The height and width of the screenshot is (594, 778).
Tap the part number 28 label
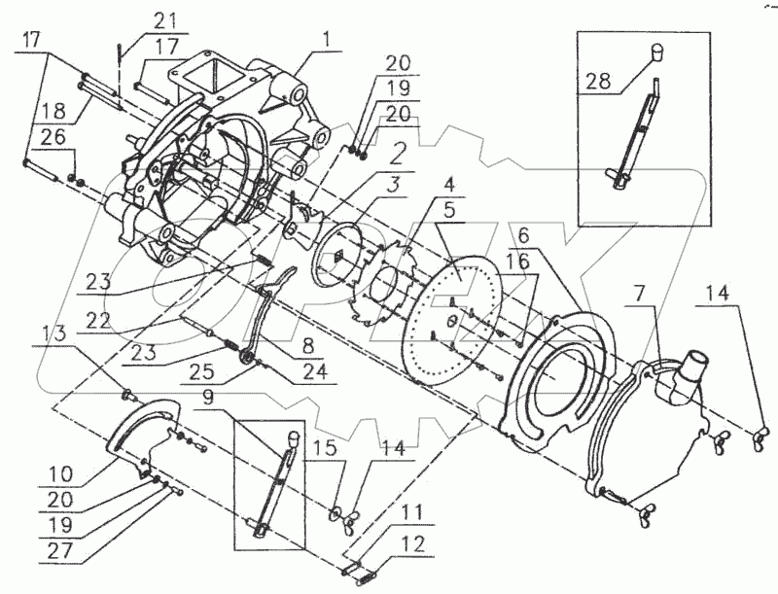[x=598, y=81]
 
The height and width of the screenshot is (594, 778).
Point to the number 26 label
[x=53, y=137]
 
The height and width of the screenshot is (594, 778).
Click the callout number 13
[x=53, y=334]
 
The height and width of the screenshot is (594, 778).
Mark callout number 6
[x=524, y=237]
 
